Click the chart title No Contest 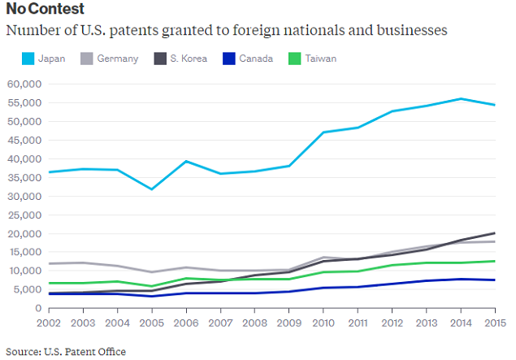(46, 9)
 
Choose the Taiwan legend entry (319, 59)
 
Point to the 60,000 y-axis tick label (24, 84)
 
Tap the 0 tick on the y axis (37, 309)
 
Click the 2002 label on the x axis (50, 323)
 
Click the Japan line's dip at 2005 (152, 189)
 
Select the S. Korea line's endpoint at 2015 (495, 233)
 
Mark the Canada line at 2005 (152, 297)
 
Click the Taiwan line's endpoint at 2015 (495, 262)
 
